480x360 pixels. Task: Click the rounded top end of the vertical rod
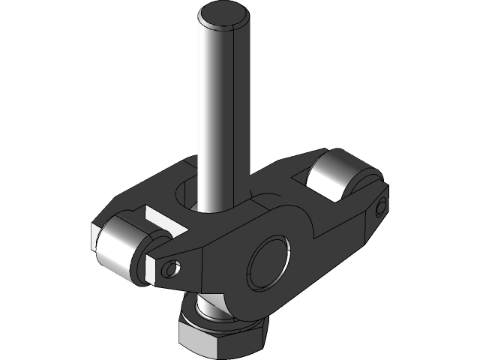(x=223, y=15)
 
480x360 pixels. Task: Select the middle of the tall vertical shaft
(x=222, y=112)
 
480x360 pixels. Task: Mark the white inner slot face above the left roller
(x=161, y=220)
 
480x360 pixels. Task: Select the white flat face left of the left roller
(x=94, y=235)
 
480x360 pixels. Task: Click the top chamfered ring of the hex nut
(x=222, y=321)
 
